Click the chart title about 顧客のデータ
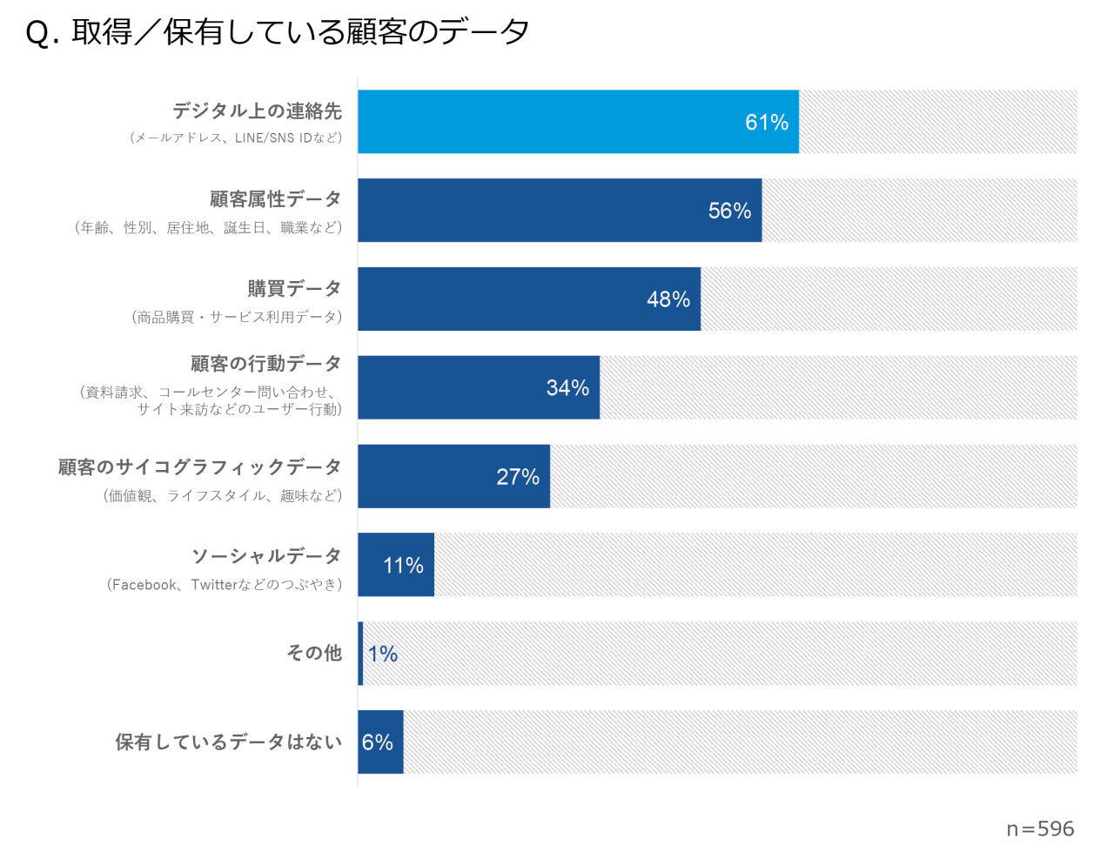pos(278,32)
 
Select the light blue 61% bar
pos(578,122)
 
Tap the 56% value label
pos(729,211)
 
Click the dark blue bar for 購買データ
pos(528,299)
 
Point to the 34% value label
pos(567,388)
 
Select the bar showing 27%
pos(453,476)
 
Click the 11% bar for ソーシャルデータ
pos(396,565)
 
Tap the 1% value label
pos(383,654)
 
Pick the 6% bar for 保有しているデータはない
pos(380,742)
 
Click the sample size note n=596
pos(1040,829)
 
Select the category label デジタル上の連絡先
pos(257,111)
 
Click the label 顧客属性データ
pos(275,199)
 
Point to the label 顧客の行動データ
pos(265,363)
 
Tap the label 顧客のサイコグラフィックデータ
pos(199,467)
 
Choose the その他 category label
pos(314,653)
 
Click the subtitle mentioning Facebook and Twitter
pos(225,585)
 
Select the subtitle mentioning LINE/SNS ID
pos(236,138)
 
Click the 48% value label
pos(668,299)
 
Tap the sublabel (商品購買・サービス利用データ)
pos(237,317)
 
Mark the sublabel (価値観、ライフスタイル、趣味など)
pos(223,496)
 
